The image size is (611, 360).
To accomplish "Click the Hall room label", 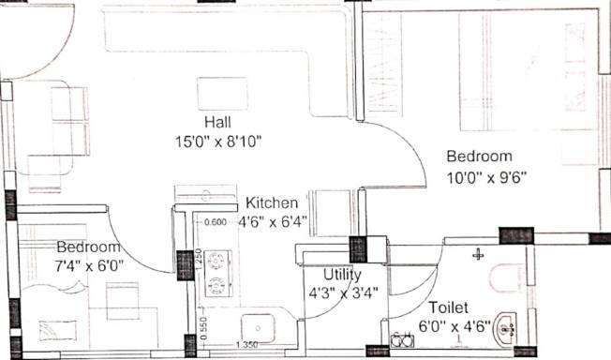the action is point(217,122).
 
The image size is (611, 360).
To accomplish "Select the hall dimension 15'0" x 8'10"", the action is point(218,142).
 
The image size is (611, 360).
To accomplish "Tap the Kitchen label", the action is point(272,202).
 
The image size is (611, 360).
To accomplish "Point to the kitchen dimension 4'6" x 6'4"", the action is point(273,222).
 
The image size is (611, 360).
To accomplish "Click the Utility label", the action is point(343,275).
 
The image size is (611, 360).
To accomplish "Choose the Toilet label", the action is point(448,307).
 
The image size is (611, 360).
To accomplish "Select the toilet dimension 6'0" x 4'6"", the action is point(455,325).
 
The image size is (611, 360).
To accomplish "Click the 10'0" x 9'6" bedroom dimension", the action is point(486,178).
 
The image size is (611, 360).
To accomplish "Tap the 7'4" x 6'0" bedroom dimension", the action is point(89,266).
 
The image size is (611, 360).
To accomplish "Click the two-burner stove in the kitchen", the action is point(218,274).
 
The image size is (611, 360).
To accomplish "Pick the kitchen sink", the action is point(258,328).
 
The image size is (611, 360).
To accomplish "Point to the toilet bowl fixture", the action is point(506,278).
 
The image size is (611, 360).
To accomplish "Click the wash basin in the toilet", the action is point(505,330).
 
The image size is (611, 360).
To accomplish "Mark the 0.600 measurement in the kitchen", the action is point(216,222).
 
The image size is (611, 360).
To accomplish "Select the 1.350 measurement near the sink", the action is point(246,345).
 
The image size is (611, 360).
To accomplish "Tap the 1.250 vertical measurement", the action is point(199,259).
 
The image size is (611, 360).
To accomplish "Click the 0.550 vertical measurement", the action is point(205,327).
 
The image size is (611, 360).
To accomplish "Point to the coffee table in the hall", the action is point(222,94).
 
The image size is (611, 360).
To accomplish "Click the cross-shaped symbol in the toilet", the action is point(478,255).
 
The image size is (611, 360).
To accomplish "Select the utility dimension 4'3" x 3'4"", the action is point(343,292).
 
